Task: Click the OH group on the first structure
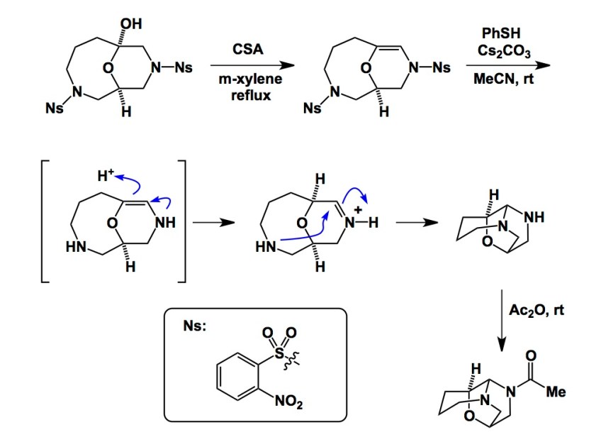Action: pyautogui.click(x=130, y=24)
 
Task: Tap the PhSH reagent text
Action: pyautogui.click(x=500, y=33)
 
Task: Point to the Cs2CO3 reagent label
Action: pyautogui.click(x=500, y=50)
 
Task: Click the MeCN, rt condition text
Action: pyautogui.click(x=500, y=82)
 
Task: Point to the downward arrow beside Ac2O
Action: pyautogui.click(x=501, y=319)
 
